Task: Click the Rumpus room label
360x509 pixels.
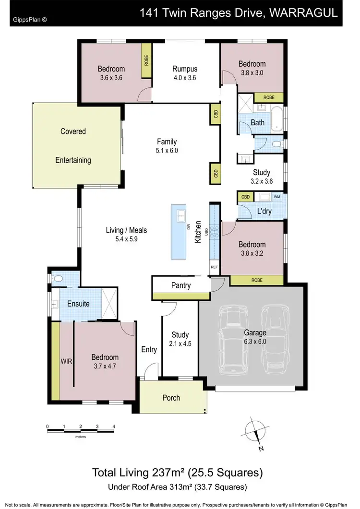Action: pyautogui.click(x=185, y=69)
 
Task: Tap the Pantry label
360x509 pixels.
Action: pyautogui.click(x=181, y=285)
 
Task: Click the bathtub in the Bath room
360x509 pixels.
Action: pyautogui.click(x=276, y=119)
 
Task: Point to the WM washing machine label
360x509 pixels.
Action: pyautogui.click(x=277, y=197)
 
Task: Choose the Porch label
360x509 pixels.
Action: pyautogui.click(x=171, y=398)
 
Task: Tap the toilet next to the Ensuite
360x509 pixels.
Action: pyautogui.click(x=58, y=279)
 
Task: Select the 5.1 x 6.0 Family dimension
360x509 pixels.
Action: pyautogui.click(x=167, y=150)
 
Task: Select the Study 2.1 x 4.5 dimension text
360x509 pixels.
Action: pyautogui.click(x=180, y=343)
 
